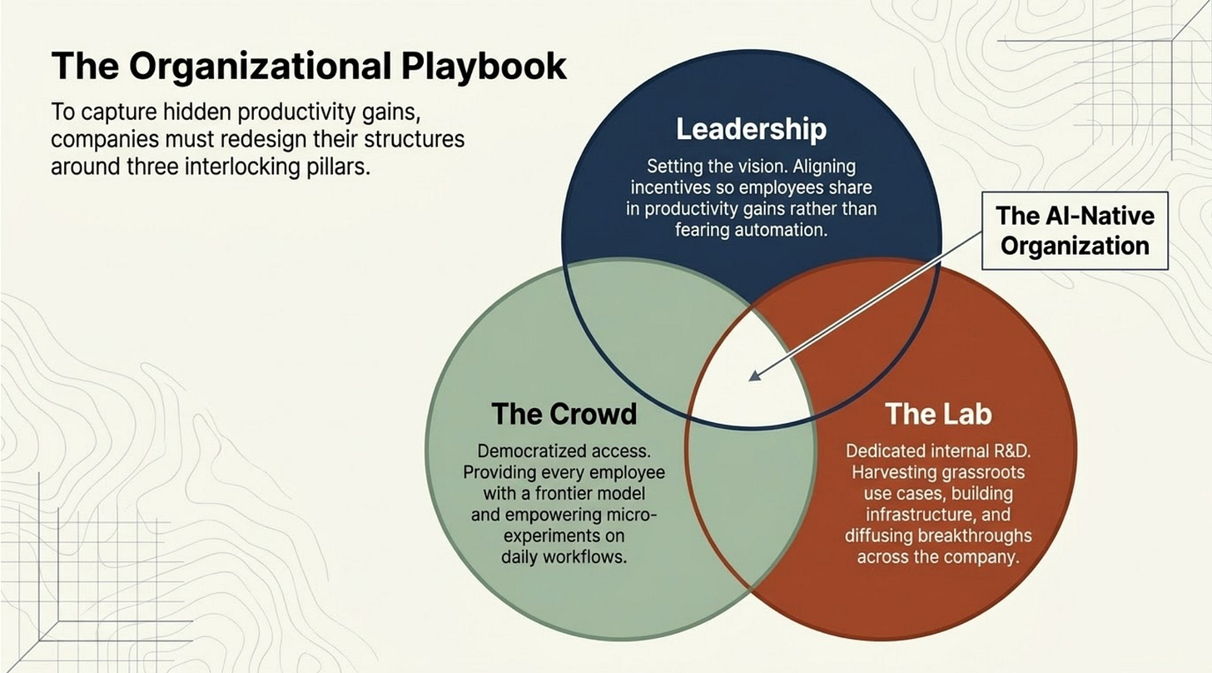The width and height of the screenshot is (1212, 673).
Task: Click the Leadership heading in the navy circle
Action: (751, 129)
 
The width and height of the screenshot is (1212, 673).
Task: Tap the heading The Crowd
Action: (564, 413)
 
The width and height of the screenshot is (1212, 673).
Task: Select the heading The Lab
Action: (938, 413)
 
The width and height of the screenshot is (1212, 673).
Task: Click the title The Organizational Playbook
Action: (309, 67)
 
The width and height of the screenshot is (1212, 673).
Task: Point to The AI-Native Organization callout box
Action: (1075, 231)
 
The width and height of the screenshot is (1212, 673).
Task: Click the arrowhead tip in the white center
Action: (751, 377)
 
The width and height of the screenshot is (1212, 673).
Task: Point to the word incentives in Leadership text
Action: (670, 188)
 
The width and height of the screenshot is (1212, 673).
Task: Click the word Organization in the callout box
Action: (1075, 246)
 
